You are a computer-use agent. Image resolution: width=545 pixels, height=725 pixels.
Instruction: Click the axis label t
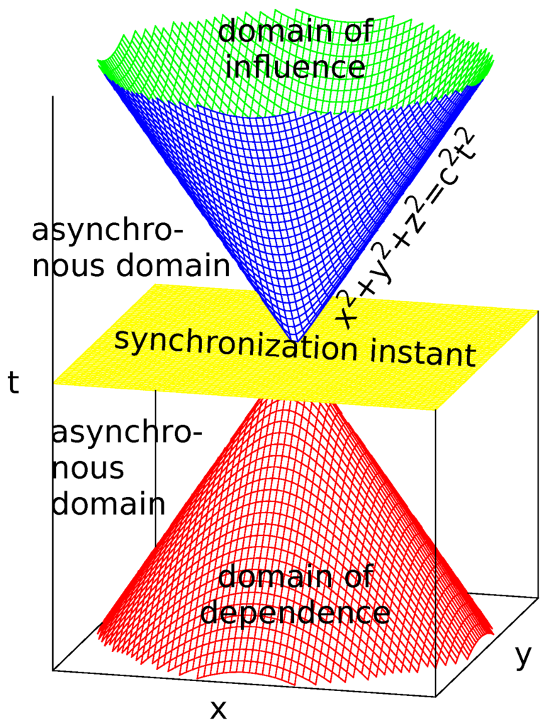coord(13,384)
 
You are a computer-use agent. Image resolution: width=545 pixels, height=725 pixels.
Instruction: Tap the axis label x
coord(219,707)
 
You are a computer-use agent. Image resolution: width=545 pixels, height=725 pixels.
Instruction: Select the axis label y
coord(522,656)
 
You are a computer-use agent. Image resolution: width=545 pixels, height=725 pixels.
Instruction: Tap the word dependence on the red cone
coord(295,612)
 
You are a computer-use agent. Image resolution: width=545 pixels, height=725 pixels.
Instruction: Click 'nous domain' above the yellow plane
coord(132,267)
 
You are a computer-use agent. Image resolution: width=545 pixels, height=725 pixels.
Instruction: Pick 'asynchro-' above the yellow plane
coord(107,232)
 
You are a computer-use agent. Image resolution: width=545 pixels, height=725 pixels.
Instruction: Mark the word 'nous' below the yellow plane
coord(89,467)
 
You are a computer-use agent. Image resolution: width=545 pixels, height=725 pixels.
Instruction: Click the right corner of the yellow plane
coord(537,312)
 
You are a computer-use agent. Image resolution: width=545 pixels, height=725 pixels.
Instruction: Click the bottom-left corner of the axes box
coord(54,669)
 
